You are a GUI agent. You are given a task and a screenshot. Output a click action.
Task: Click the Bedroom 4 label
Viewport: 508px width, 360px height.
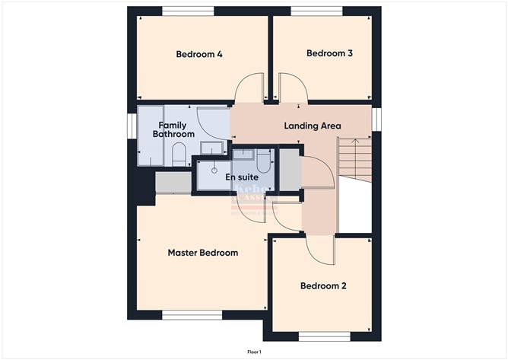coord(199,54)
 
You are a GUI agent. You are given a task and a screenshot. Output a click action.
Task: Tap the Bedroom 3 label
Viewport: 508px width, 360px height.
coord(329,53)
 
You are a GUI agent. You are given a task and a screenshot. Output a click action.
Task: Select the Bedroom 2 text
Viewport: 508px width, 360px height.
coord(323,286)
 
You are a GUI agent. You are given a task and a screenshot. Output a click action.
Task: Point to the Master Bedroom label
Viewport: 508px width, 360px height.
coord(202,253)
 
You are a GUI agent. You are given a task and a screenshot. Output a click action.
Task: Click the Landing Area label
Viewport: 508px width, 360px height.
coord(312,126)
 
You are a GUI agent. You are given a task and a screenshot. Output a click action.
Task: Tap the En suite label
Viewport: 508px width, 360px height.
coord(240,177)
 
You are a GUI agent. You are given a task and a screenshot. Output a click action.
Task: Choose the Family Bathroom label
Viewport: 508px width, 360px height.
coord(173,129)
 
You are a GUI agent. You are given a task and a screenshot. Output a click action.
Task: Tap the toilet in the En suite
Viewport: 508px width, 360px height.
coord(263,160)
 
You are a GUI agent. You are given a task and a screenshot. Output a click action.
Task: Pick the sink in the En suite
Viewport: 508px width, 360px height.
coord(243,155)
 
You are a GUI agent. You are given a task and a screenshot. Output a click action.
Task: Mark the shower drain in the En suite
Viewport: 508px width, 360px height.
coord(214,170)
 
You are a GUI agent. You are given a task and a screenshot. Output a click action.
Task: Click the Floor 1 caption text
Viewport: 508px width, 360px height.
coord(254,352)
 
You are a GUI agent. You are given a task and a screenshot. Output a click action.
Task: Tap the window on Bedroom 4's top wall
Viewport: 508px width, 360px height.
coord(188,11)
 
